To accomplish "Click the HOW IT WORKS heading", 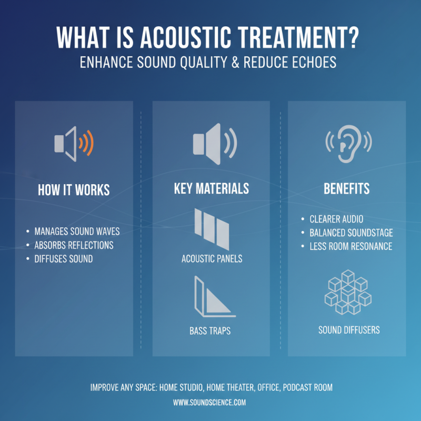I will (74, 190).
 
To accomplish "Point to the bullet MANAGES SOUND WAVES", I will (77, 232).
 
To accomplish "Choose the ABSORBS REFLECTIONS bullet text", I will (74, 245).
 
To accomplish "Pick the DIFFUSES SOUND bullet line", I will (63, 259).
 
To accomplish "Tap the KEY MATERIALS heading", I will (211, 188).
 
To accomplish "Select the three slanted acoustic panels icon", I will (212, 227).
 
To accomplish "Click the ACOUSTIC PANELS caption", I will (212, 259).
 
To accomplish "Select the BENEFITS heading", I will (346, 188).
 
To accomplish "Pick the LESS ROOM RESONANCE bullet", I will (350, 246).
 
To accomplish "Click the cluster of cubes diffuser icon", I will (347, 292).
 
